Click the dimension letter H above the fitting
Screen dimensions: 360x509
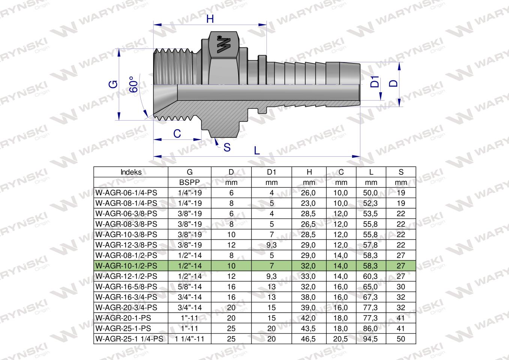click(x=210, y=19)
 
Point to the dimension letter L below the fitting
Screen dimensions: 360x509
click(x=257, y=150)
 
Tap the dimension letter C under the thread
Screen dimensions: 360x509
click(x=177, y=133)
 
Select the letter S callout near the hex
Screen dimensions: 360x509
click(x=227, y=147)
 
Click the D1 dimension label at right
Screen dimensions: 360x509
click(x=375, y=82)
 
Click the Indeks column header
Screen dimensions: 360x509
click(x=131, y=172)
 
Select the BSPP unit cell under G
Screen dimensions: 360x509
click(x=190, y=183)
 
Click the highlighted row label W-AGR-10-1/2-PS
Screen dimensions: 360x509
click(x=126, y=266)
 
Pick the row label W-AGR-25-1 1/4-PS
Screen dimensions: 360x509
click(x=129, y=339)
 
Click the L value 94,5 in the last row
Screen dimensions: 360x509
click(x=371, y=339)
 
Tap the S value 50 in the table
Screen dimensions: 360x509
click(x=401, y=339)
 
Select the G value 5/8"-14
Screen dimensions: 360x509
click(x=190, y=287)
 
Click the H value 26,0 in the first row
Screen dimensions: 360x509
click(x=309, y=193)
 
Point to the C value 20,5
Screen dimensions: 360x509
click(x=341, y=339)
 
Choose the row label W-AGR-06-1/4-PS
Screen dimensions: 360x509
click(x=126, y=193)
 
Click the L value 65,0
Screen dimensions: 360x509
click(x=371, y=287)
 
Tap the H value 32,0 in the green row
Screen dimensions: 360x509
click(x=309, y=266)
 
